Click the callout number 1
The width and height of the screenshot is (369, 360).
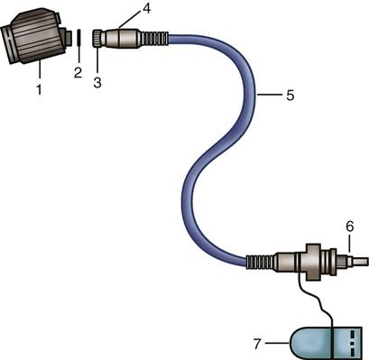pyautogui.click(x=39, y=89)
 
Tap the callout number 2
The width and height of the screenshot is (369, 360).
pyautogui.click(x=78, y=72)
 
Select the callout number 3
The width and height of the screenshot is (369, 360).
pyautogui.click(x=97, y=82)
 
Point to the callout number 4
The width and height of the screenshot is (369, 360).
pyautogui.click(x=146, y=8)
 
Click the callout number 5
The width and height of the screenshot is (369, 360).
pyautogui.click(x=290, y=95)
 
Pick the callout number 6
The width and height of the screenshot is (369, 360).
pyautogui.click(x=349, y=226)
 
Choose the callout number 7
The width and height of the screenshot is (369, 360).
pyautogui.click(x=257, y=344)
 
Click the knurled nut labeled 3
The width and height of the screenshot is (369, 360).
pyautogui.click(x=97, y=38)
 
